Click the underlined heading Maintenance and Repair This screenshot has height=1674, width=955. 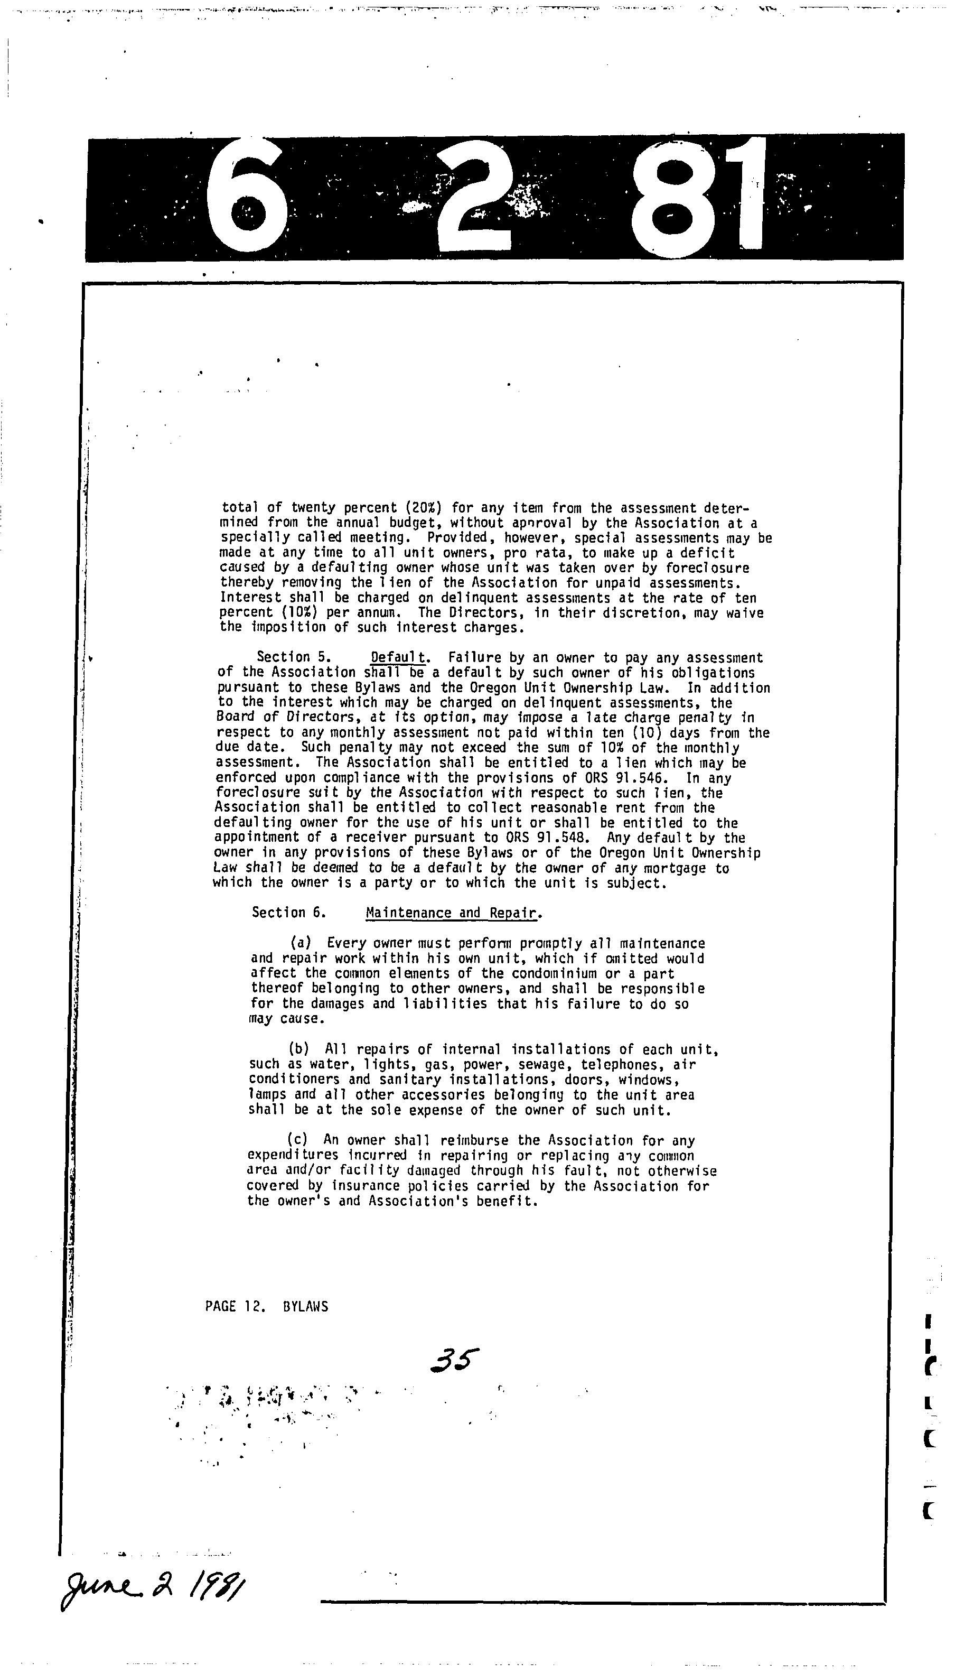point(454,913)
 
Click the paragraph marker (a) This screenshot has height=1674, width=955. point(301,943)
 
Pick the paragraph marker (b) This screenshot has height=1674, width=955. point(298,1049)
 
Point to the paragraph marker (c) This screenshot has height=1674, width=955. point(297,1141)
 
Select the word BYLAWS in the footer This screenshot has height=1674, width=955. point(306,1307)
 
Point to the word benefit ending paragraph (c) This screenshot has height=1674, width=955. point(512,1201)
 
